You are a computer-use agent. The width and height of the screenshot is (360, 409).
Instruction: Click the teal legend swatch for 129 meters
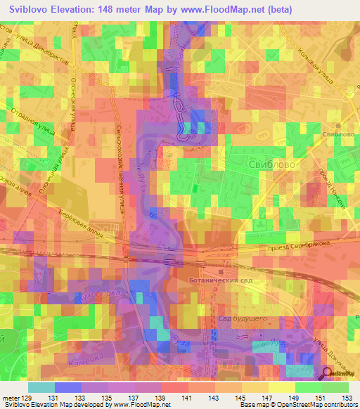(41, 387)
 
